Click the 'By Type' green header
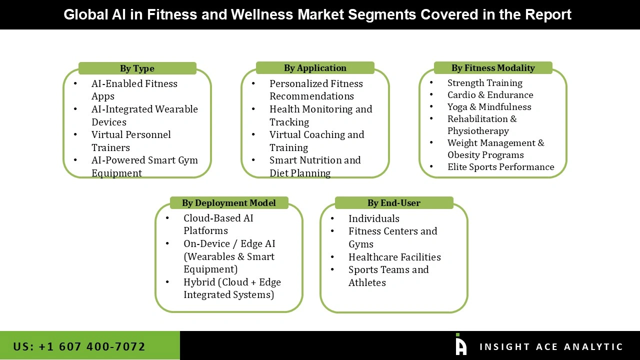[x=137, y=68]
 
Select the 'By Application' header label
[x=315, y=68]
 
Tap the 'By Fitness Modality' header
[x=493, y=68]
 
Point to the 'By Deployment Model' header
[x=229, y=203]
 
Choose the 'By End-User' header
[x=394, y=203]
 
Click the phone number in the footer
[x=79, y=346]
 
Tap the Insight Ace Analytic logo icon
[x=461, y=345]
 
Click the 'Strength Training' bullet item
[x=484, y=83]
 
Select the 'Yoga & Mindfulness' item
[x=489, y=107]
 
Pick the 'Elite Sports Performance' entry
[x=500, y=167]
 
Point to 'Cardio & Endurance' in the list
[x=490, y=95]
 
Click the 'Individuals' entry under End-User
[x=373, y=218]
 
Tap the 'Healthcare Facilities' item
[x=394, y=257]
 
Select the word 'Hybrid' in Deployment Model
[x=199, y=282]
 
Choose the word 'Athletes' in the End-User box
[x=367, y=282]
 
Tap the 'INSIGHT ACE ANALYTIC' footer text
[x=551, y=347]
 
